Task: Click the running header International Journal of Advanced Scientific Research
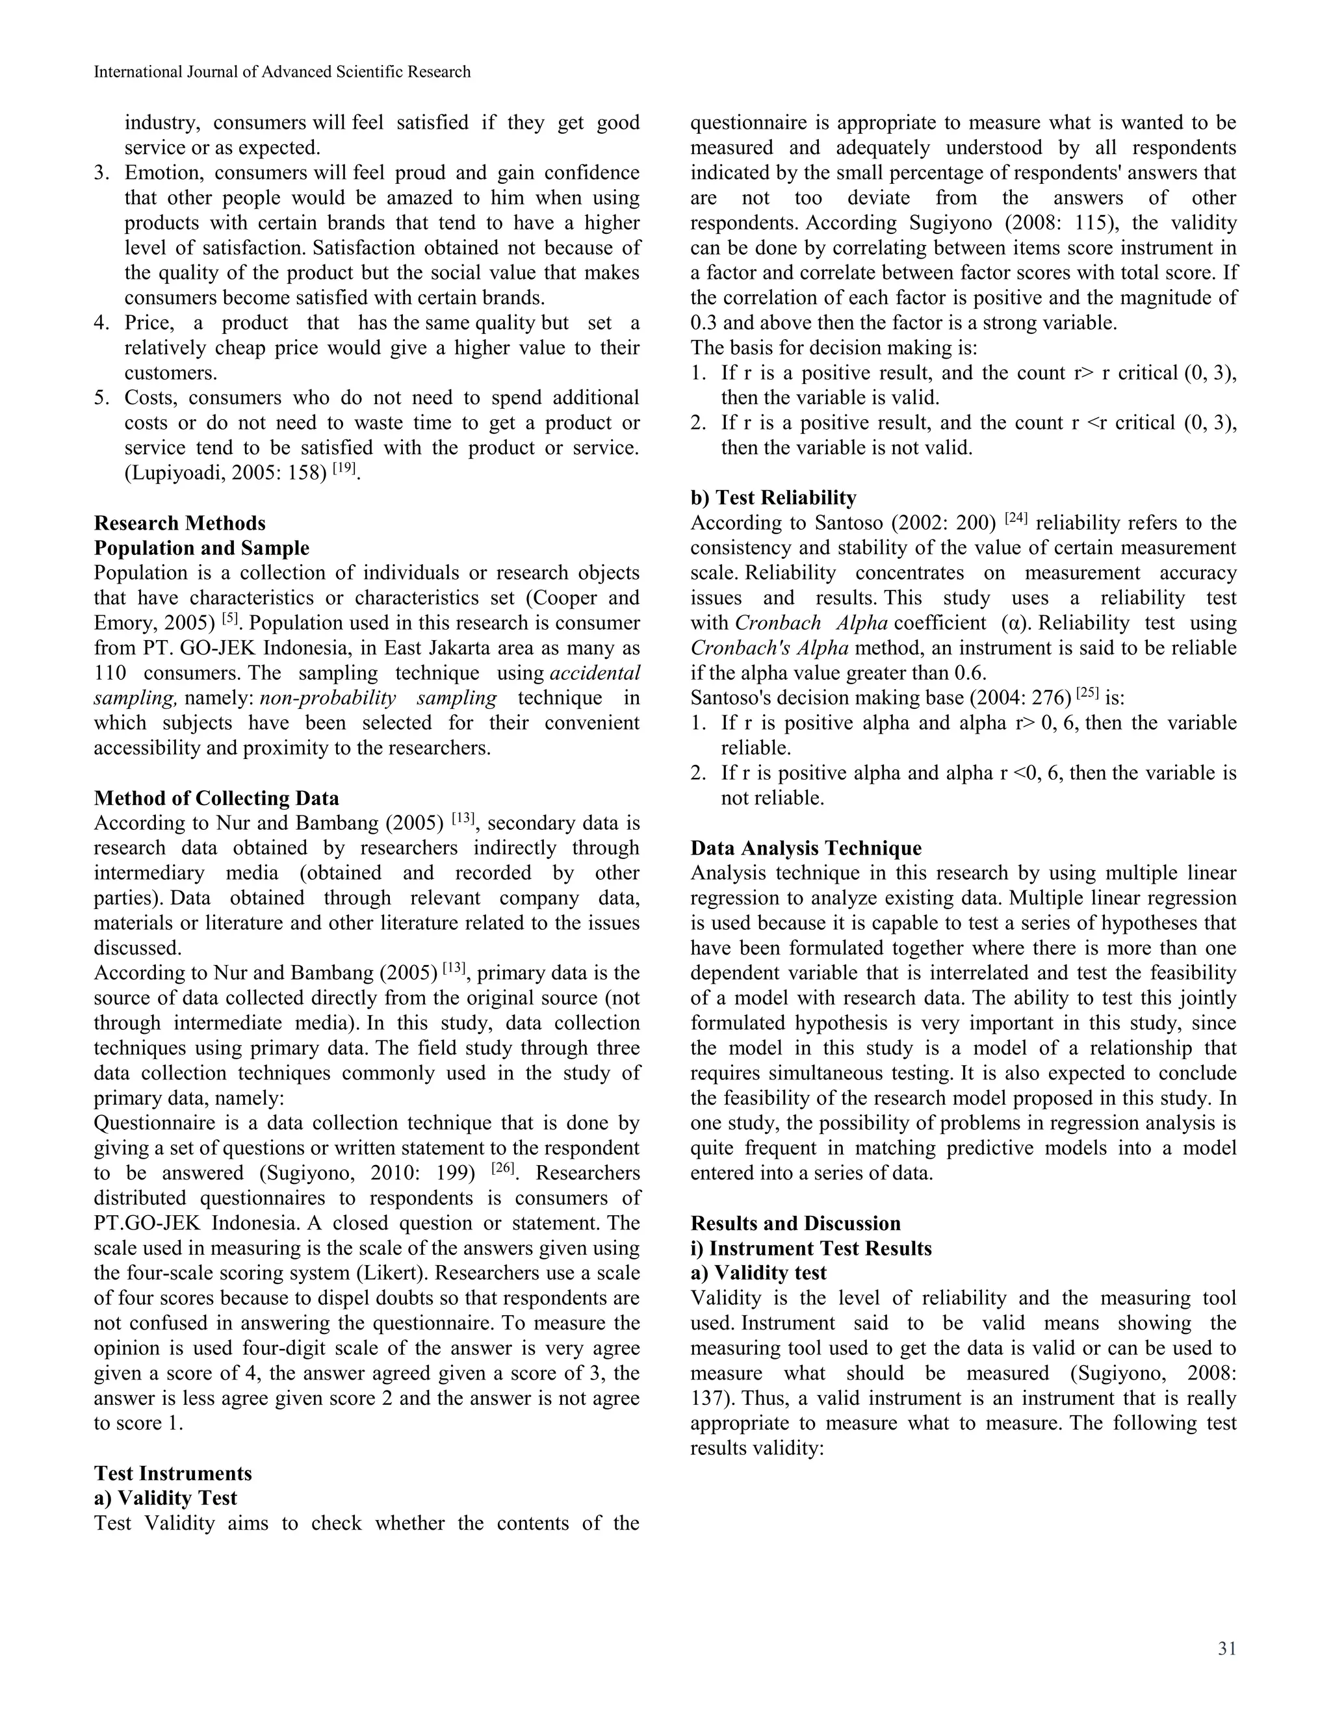coord(281,71)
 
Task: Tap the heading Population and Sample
coord(201,548)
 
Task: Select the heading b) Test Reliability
coord(773,498)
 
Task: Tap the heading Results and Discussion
coord(795,1223)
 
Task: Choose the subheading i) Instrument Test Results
coord(810,1248)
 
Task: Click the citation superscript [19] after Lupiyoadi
coord(344,469)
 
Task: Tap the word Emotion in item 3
coord(162,173)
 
